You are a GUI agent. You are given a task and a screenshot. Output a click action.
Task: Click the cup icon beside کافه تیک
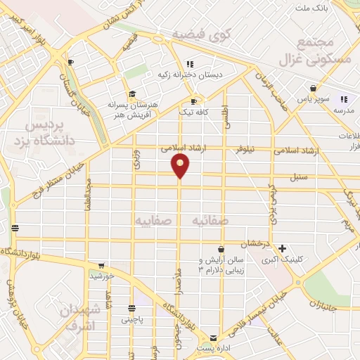[x=193, y=102]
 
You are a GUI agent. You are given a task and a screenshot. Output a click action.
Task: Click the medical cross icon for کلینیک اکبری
[x=282, y=248]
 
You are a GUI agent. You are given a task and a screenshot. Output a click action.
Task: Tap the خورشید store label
[x=102, y=276]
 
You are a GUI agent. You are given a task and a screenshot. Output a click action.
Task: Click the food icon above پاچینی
[x=131, y=309]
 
